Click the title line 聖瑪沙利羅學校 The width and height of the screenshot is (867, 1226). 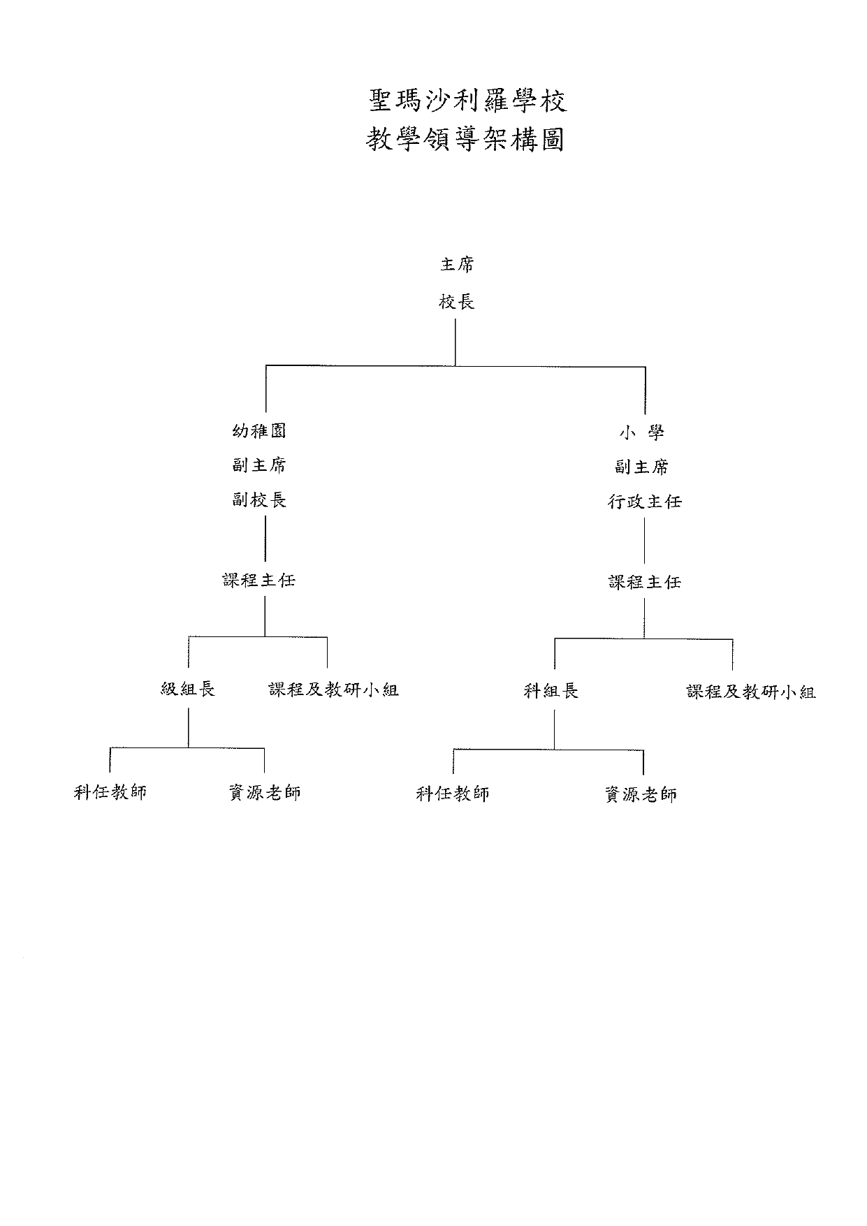click(467, 101)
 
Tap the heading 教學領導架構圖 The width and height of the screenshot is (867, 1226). click(465, 140)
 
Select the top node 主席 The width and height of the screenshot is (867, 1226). click(457, 265)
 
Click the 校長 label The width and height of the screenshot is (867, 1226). click(457, 302)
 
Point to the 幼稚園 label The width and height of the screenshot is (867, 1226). click(259, 431)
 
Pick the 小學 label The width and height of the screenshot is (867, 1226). click(641, 432)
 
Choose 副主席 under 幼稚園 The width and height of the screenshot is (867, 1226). click(259, 465)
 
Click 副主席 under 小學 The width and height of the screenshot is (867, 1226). click(641, 467)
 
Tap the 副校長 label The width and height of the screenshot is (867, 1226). click(259, 500)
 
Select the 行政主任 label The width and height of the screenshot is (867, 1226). click(644, 502)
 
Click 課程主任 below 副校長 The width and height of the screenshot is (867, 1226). click(259, 580)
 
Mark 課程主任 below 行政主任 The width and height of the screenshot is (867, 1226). click(644, 582)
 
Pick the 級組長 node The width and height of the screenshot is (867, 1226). click(188, 689)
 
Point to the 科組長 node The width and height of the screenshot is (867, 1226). click(551, 692)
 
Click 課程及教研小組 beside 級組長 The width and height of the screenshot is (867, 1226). click(333, 690)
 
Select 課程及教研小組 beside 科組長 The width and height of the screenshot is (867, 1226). click(751, 692)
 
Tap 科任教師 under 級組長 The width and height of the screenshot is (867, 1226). click(110, 792)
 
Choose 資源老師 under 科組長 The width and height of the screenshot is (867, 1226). click(641, 794)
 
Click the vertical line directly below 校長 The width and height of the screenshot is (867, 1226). click(456, 342)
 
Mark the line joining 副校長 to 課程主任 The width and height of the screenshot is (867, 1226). click(265, 538)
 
